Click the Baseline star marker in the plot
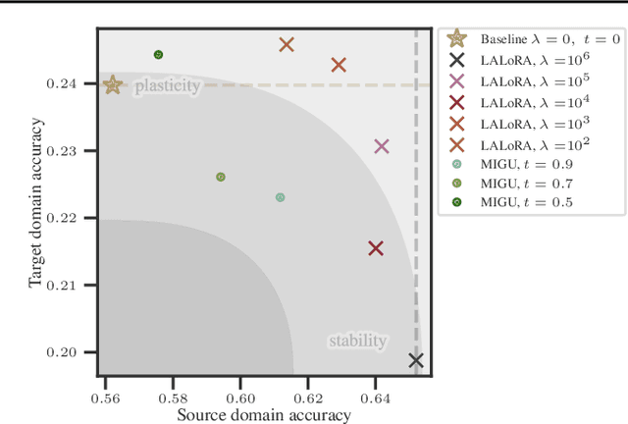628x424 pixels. (x=113, y=85)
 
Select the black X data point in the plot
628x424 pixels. (x=416, y=360)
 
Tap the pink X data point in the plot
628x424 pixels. (x=382, y=146)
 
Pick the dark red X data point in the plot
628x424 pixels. (x=375, y=248)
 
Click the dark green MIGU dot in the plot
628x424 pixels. (x=158, y=55)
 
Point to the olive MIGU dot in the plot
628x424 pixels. (x=221, y=177)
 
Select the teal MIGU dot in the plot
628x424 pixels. (x=280, y=197)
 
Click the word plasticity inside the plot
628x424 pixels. (x=167, y=86)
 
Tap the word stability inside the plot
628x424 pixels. (x=357, y=342)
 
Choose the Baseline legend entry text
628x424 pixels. (x=549, y=39)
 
